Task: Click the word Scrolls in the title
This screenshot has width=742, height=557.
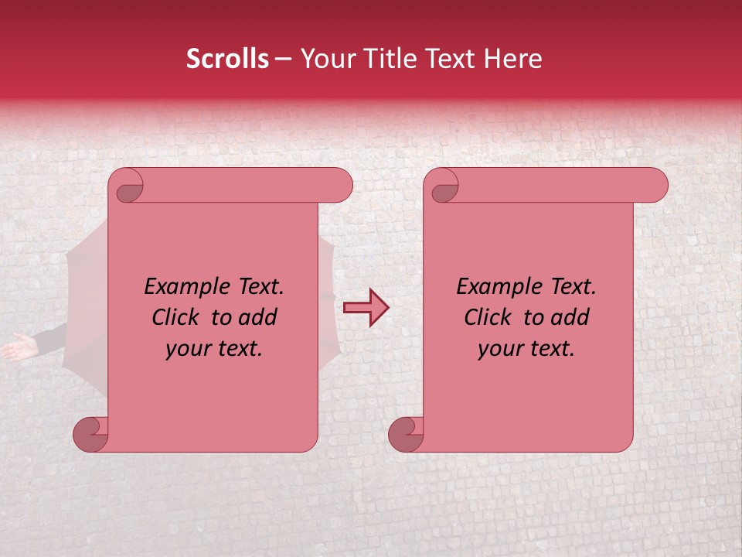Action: [227, 59]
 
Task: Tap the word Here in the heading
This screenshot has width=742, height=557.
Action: [512, 59]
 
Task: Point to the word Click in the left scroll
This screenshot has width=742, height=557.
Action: [179, 317]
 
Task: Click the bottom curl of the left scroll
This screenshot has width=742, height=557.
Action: [91, 434]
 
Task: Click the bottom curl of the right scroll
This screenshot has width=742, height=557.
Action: [406, 434]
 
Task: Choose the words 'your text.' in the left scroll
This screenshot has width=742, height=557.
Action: [214, 349]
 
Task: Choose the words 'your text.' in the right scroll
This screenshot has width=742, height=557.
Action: [526, 349]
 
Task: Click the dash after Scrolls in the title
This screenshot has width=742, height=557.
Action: [284, 60]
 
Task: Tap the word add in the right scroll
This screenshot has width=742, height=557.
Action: [570, 317]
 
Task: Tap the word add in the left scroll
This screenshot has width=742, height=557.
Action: [257, 317]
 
